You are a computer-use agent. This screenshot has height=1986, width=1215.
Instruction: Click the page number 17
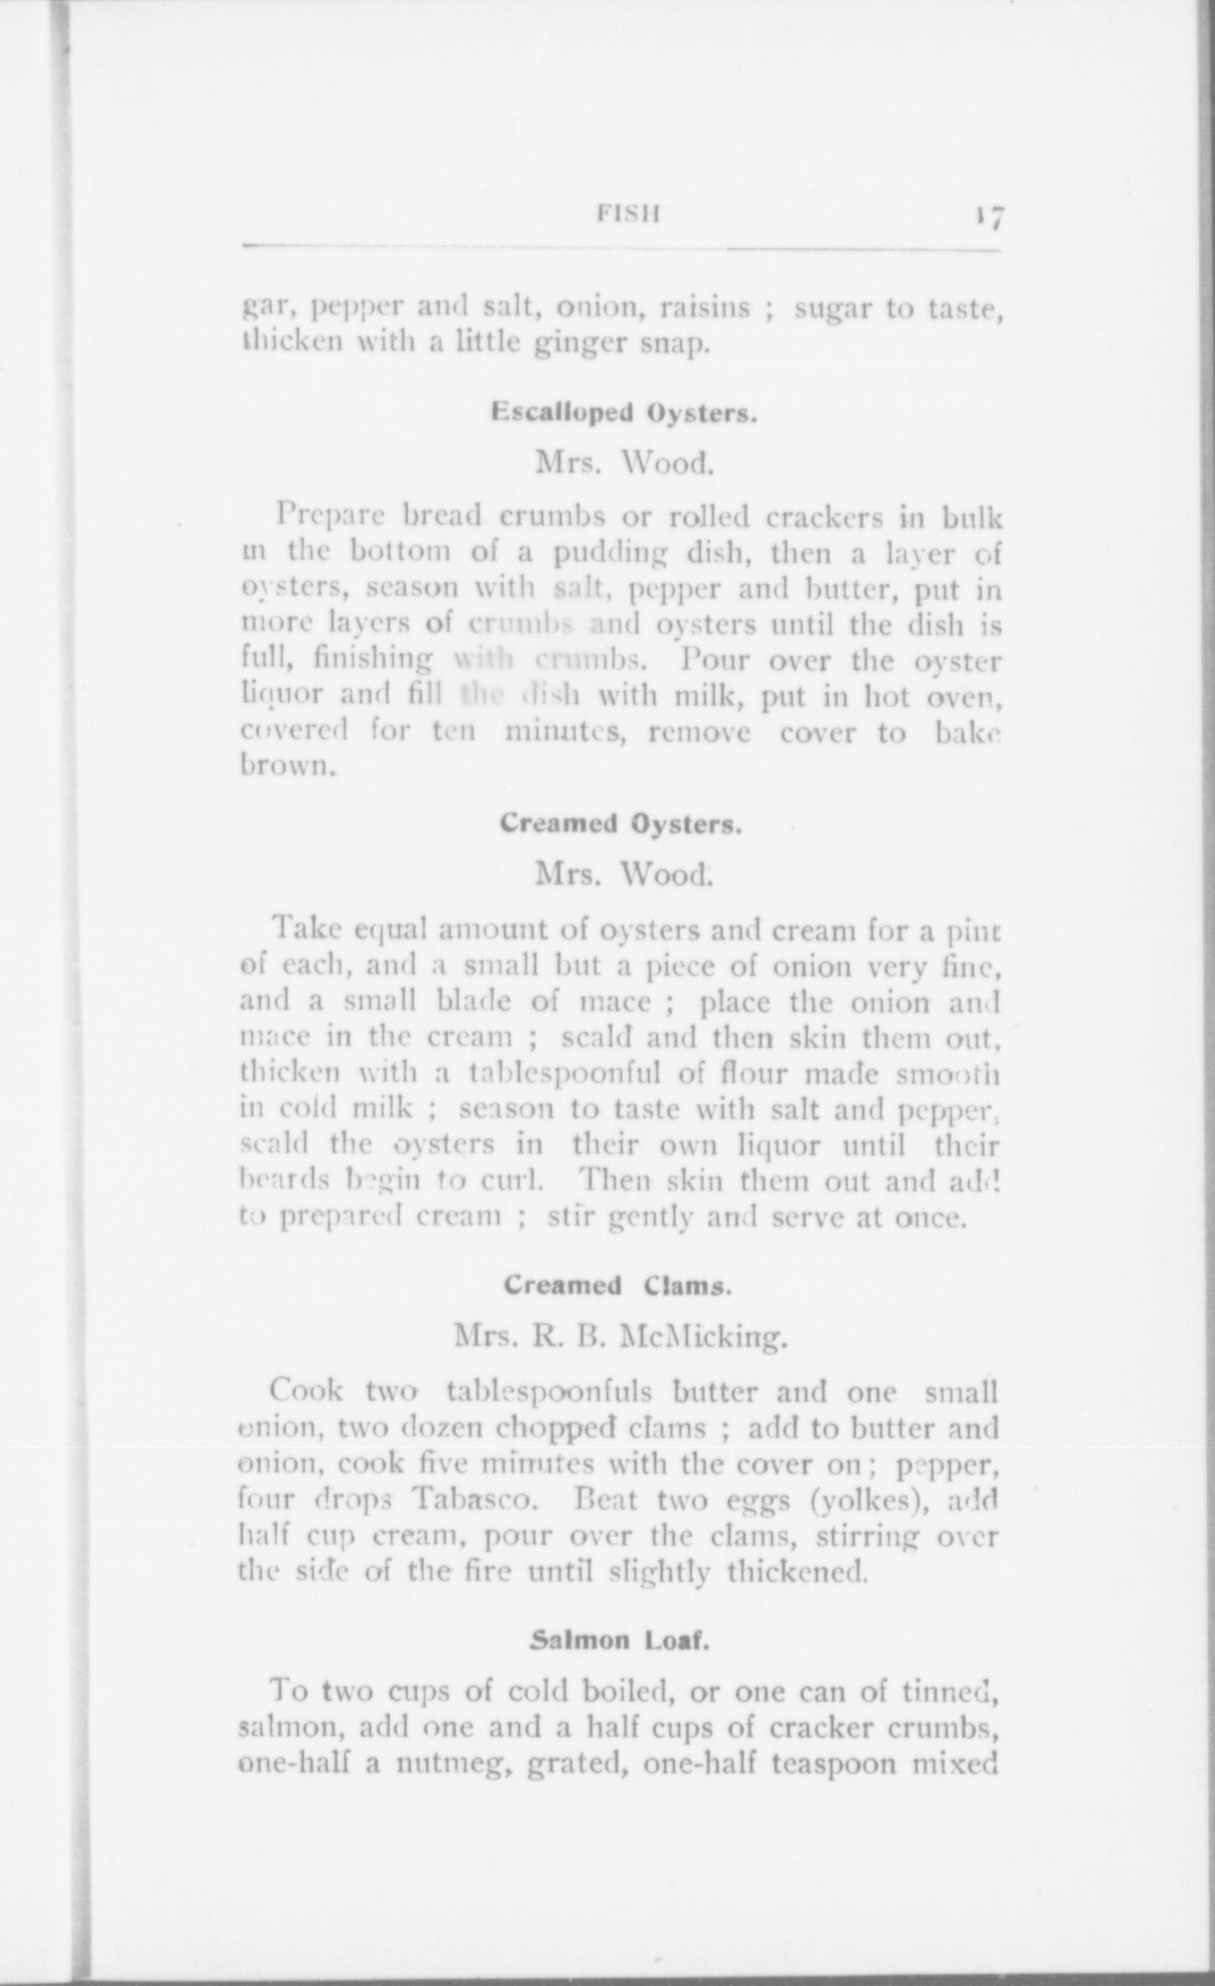coord(990,216)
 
